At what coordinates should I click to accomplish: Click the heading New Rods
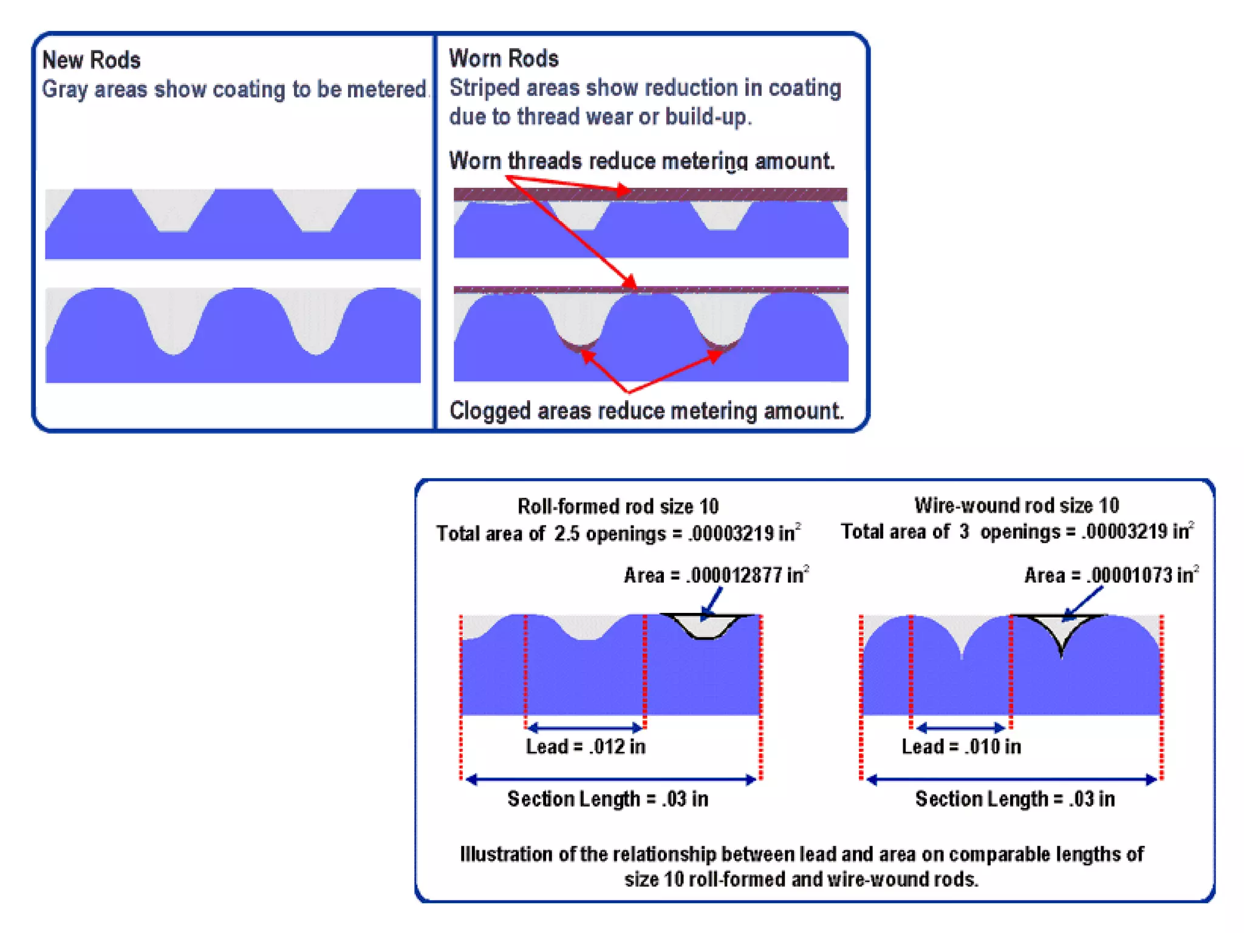click(91, 60)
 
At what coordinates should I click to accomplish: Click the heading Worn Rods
click(504, 59)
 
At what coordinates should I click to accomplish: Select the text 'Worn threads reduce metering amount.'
click(641, 161)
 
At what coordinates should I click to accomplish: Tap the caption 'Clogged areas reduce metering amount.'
click(646, 411)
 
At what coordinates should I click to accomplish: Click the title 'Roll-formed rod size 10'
click(618, 506)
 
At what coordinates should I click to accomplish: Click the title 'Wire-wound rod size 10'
click(1016, 505)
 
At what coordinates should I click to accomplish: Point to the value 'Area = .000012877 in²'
click(716, 575)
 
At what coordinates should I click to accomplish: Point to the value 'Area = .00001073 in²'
click(1111, 575)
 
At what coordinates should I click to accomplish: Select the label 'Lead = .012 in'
click(585, 747)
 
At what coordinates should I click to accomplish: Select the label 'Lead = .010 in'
click(961, 747)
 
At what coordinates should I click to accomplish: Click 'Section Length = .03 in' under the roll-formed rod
click(607, 799)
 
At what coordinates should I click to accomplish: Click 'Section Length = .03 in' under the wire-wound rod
click(1014, 799)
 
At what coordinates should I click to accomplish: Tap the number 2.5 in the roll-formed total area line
click(566, 534)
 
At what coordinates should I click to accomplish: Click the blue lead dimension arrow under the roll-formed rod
click(585, 727)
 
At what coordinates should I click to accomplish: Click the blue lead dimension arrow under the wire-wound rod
click(961, 727)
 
